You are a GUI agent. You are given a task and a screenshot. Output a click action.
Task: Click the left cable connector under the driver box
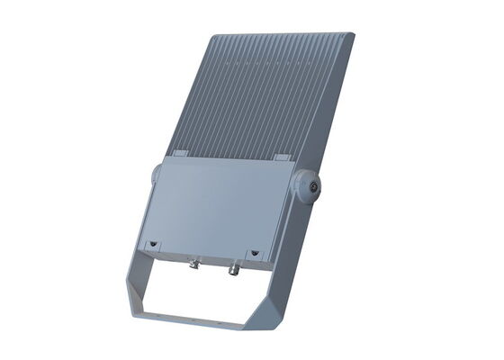click(x=193, y=265)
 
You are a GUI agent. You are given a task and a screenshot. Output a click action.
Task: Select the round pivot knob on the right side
click(x=308, y=186)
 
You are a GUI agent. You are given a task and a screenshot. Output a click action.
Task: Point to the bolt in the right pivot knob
click(x=313, y=186)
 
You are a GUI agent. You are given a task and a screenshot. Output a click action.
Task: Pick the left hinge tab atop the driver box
click(x=178, y=154)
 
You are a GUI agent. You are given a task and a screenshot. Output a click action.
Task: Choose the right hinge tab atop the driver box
click(x=281, y=158)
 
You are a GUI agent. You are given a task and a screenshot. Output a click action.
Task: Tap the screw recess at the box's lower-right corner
click(x=254, y=253)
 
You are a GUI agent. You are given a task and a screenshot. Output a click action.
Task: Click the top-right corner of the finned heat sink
click(x=352, y=36)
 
